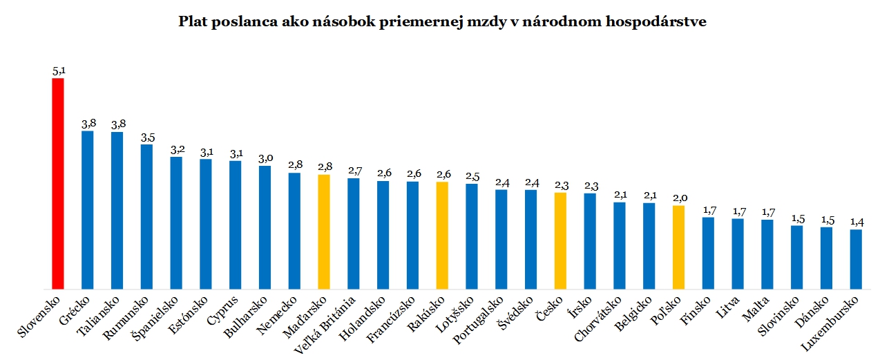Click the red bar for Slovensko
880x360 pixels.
coord(58,183)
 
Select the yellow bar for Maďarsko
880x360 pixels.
coord(324,231)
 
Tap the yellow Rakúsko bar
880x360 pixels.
coord(442,235)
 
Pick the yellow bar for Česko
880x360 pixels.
coord(560,240)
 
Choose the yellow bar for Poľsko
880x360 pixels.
coord(678,247)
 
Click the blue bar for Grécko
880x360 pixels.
coord(88,209)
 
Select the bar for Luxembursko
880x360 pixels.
coord(856,259)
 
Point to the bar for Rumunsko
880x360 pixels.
coord(146,216)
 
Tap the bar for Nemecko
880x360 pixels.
coord(294,231)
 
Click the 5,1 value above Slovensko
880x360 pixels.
coord(58,70)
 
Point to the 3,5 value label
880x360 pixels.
coord(146,137)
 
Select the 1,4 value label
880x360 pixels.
coord(856,222)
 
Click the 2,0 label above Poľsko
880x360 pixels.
coord(678,198)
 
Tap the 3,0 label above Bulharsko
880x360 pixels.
coord(265,158)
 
